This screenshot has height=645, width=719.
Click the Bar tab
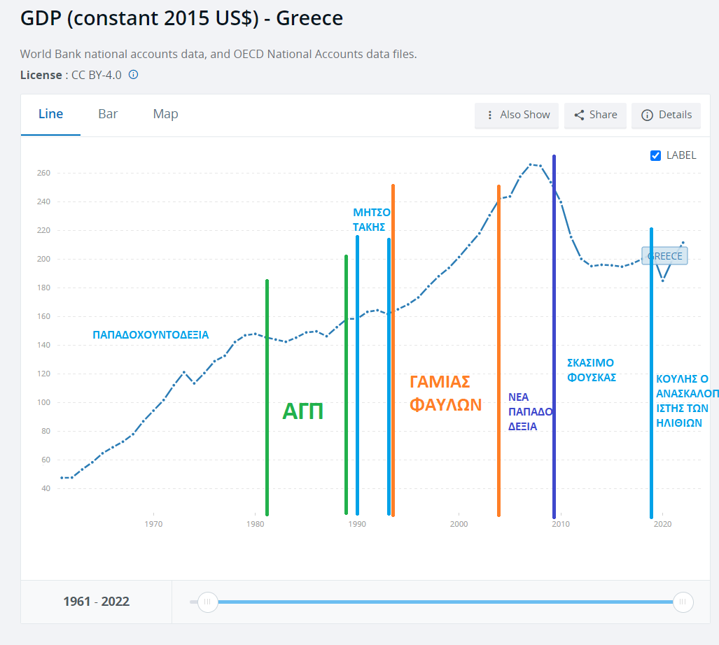(108, 114)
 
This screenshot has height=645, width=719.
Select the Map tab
(165, 114)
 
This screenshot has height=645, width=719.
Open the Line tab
(50, 114)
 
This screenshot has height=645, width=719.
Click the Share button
(595, 115)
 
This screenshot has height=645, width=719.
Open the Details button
(666, 115)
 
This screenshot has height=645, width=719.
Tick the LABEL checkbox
(656, 155)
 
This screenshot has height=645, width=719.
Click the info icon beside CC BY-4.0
(133, 75)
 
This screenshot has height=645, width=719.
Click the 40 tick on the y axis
(46, 488)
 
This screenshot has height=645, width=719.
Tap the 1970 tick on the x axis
(153, 524)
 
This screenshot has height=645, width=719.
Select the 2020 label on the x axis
(662, 524)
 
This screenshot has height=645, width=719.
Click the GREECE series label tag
(664, 256)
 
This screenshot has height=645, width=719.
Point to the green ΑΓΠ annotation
(302, 411)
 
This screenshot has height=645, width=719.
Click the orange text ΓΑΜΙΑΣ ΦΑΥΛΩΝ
(445, 393)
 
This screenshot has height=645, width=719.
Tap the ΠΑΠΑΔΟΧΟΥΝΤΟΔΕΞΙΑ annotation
(151, 335)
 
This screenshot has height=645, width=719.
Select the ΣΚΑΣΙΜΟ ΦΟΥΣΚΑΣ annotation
(592, 370)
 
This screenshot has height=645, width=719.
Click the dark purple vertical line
(554, 336)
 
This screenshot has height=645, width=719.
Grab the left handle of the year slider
(207, 602)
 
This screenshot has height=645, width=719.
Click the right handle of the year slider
(683, 602)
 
